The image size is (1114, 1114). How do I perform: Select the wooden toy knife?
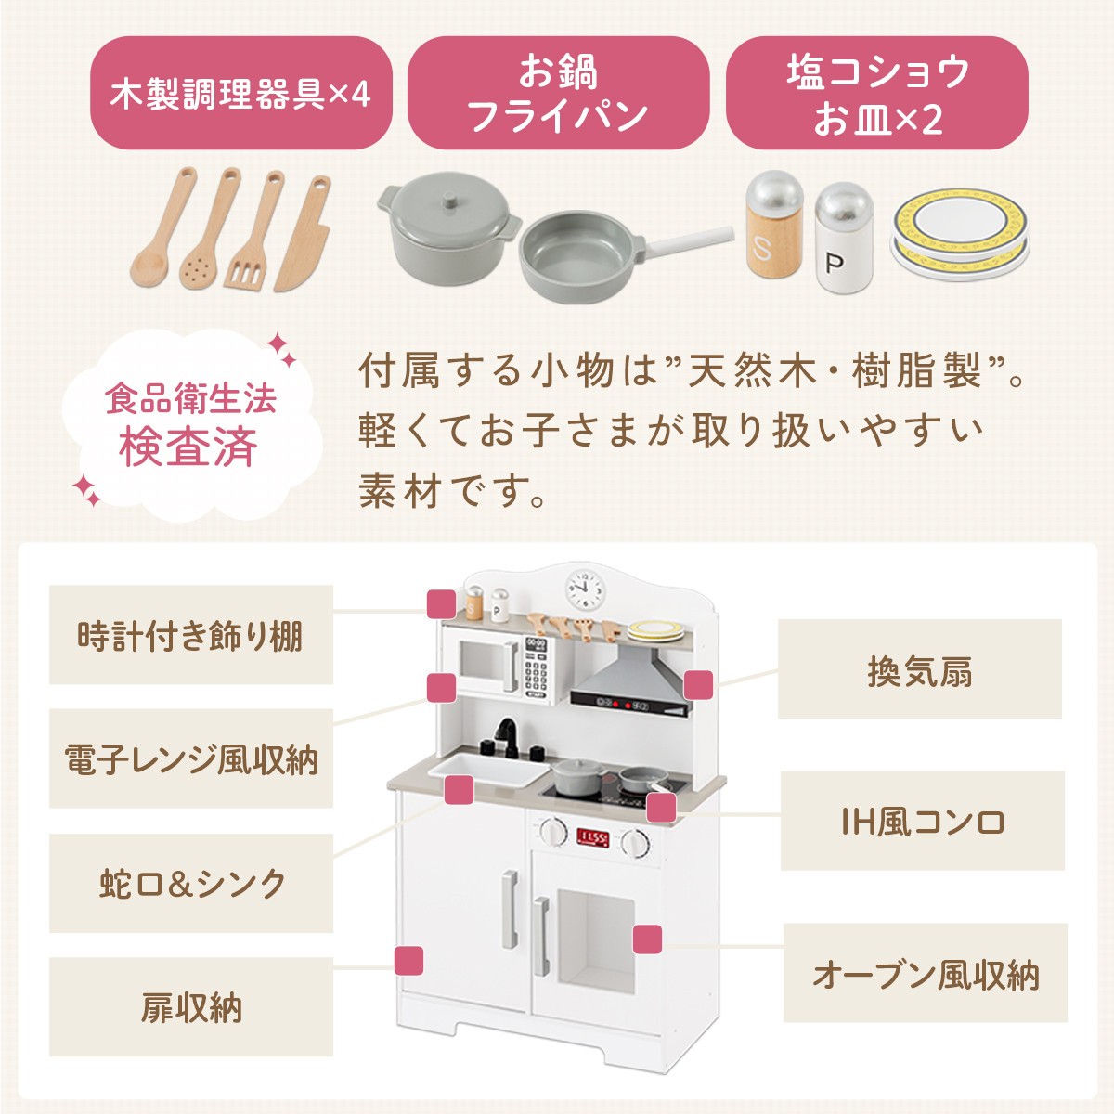coord(304,234)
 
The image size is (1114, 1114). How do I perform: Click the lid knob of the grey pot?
coord(448,200)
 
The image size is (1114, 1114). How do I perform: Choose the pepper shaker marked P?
coord(844,237)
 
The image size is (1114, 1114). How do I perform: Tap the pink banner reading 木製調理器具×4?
coord(241,93)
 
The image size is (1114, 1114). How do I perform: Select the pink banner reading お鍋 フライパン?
coord(559,93)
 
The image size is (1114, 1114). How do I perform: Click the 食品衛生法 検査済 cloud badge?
coord(191,424)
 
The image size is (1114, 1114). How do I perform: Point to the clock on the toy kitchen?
coord(584,589)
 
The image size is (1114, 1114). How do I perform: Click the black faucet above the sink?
coord(509,736)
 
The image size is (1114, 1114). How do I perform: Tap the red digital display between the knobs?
coord(592,837)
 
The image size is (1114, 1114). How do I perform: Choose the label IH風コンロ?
coord(923,821)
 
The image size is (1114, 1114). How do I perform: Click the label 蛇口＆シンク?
coord(191,883)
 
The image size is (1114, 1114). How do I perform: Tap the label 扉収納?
coord(191,1006)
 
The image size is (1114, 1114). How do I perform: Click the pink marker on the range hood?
coord(698,685)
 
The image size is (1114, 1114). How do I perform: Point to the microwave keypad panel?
coord(536,668)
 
